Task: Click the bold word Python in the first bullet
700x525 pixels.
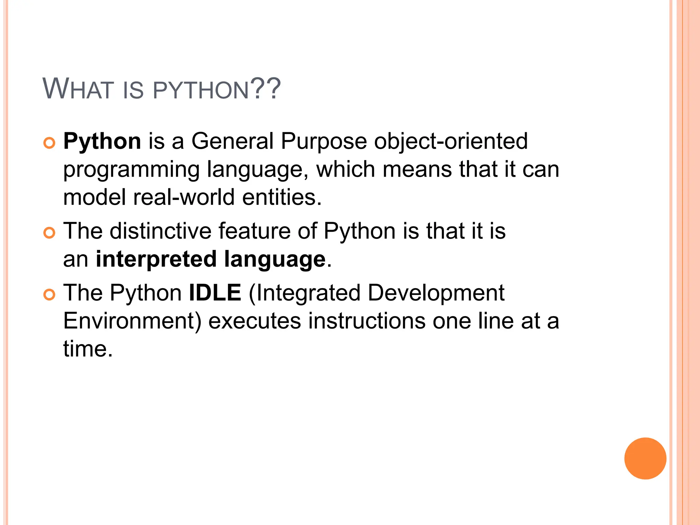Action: (102, 142)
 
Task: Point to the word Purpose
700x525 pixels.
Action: (324, 142)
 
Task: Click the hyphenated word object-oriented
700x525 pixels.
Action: (451, 142)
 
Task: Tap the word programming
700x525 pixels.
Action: (132, 170)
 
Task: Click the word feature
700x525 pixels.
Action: (255, 231)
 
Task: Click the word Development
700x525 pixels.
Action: (436, 293)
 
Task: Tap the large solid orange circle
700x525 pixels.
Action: (645, 458)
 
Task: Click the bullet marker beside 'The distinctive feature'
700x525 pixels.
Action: (49, 233)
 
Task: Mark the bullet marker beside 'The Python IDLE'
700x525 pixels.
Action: (49, 295)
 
